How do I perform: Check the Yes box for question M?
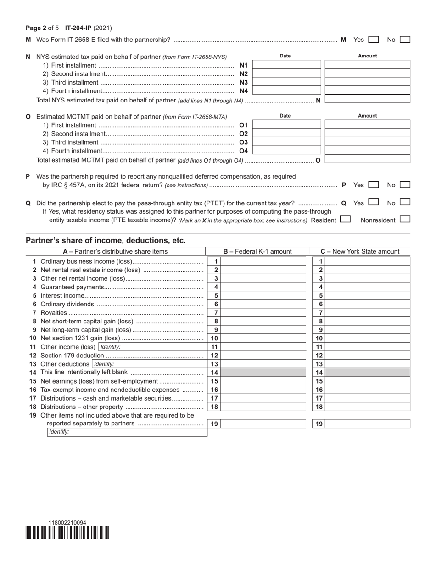pyautogui.click(x=374, y=40)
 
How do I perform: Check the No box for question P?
pyautogui.click(x=405, y=185)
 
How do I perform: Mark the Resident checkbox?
pyautogui.click(x=345, y=220)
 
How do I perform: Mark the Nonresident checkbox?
pyautogui.click(x=405, y=220)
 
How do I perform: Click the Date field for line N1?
pyautogui.click(x=287, y=65)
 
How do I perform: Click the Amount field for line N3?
pyautogui.click(x=367, y=82)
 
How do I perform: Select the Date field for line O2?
pyautogui.click(x=287, y=134)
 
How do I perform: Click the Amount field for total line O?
pyautogui.click(x=367, y=160)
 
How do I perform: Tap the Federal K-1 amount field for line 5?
pyautogui.click(x=263, y=296)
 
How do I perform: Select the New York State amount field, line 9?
pyautogui.click(x=367, y=330)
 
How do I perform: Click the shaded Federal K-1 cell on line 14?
pyautogui.click(x=263, y=373)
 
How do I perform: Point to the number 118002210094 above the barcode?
pyautogui.click(x=67, y=523)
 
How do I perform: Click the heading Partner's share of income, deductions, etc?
pyautogui.click(x=106, y=240)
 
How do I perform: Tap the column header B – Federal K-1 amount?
pyautogui.click(x=257, y=251)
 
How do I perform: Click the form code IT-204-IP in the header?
pyautogui.click(x=80, y=28)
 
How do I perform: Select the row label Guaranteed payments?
pyautogui.click(x=73, y=287)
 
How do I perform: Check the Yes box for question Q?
pyautogui.click(x=374, y=202)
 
